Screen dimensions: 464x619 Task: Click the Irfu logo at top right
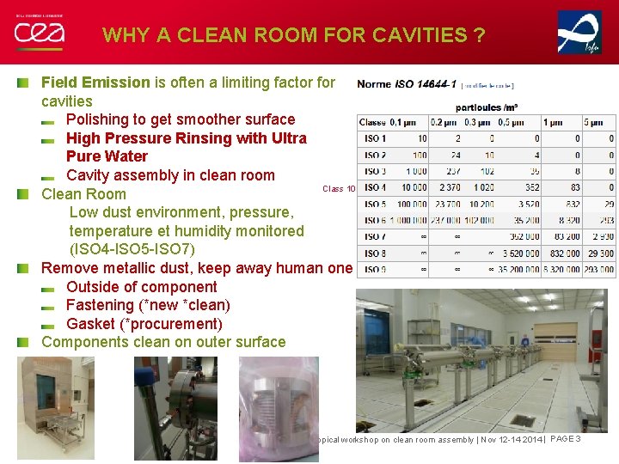point(579,33)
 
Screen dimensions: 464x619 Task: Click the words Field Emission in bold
point(95,82)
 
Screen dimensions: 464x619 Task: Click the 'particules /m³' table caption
point(486,107)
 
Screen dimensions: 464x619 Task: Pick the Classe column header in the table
point(373,122)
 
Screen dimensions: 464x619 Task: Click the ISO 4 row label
point(375,187)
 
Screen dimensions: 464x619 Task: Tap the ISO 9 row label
point(375,269)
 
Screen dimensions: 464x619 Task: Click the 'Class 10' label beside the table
point(339,189)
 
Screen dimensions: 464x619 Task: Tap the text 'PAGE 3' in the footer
point(566,439)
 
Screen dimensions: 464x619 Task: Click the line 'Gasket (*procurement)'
point(144,324)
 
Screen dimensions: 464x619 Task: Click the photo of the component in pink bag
point(279,408)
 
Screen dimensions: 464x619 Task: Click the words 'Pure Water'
point(107,156)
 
